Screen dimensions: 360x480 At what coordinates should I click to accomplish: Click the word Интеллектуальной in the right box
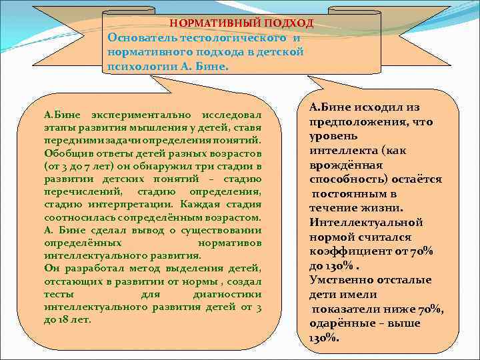tap(366, 223)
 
